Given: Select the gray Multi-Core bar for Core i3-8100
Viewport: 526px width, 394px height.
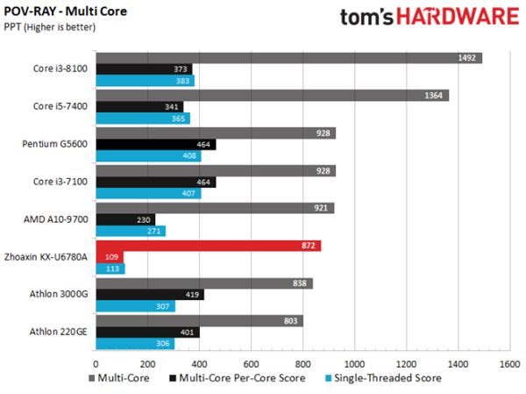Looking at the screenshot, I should point(288,58).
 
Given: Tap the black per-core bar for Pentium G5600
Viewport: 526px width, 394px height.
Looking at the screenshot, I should point(155,145).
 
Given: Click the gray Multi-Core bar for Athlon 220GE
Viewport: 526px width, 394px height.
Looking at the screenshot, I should point(199,321).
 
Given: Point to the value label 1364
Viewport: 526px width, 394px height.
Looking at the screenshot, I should point(435,96).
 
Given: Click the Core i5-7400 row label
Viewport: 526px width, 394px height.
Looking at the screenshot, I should point(59,106).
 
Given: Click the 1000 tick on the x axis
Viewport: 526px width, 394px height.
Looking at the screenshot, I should point(354,361).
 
